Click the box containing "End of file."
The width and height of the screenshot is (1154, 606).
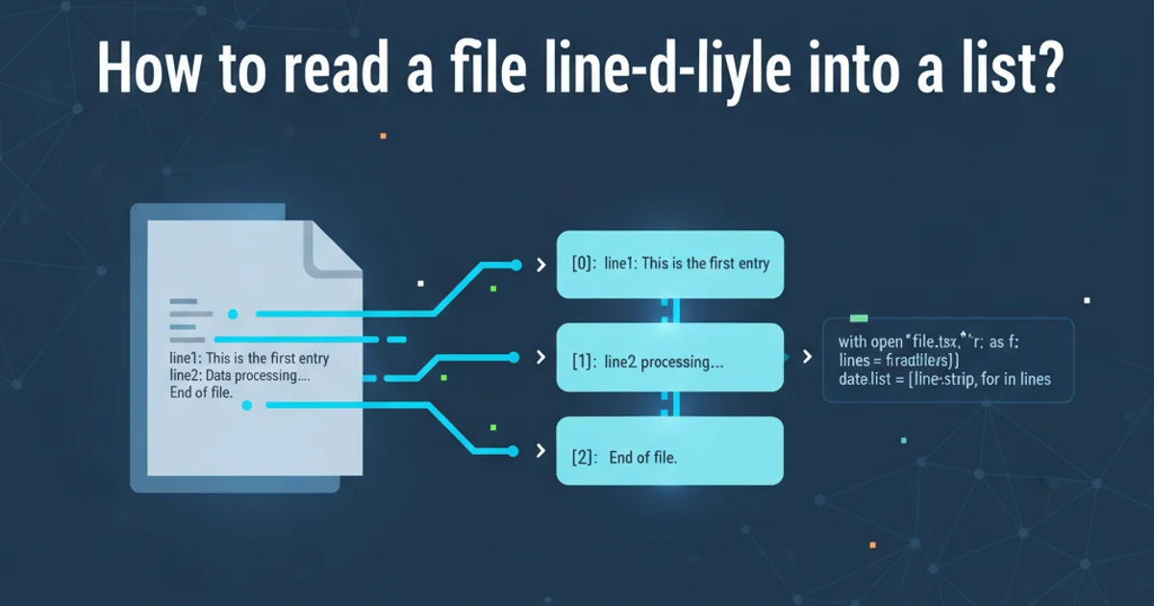point(670,450)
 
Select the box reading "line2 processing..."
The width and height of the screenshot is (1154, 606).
point(670,357)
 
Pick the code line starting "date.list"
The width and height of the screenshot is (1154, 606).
point(938,379)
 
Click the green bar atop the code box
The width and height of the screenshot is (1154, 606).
point(859,317)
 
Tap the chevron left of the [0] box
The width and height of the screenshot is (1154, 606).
point(540,264)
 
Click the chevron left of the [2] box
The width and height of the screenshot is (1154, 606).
point(540,450)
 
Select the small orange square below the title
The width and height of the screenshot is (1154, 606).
point(383,136)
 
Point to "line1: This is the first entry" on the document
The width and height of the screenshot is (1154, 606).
point(248,359)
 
